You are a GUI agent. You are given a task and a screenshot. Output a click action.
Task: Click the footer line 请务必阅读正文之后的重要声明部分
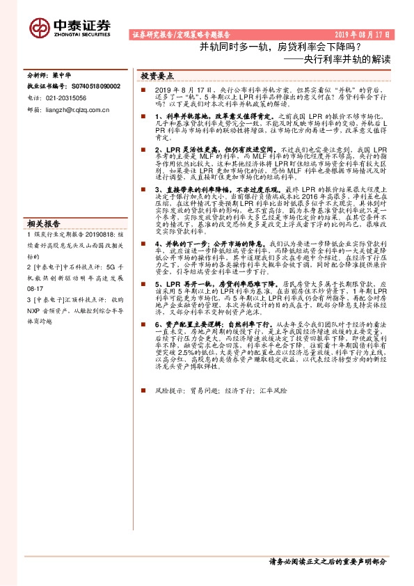tap(327, 560)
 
